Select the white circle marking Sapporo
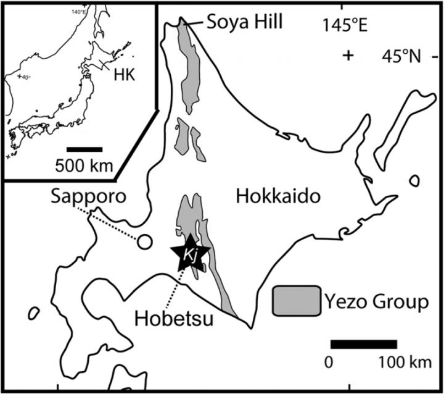click(144, 242)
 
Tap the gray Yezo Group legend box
click(297, 301)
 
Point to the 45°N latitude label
click(404, 56)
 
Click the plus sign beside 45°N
click(349, 56)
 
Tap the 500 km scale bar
click(84, 149)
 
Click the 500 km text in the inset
click(83, 166)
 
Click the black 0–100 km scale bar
click(363, 344)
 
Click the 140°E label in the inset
click(78, 10)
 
